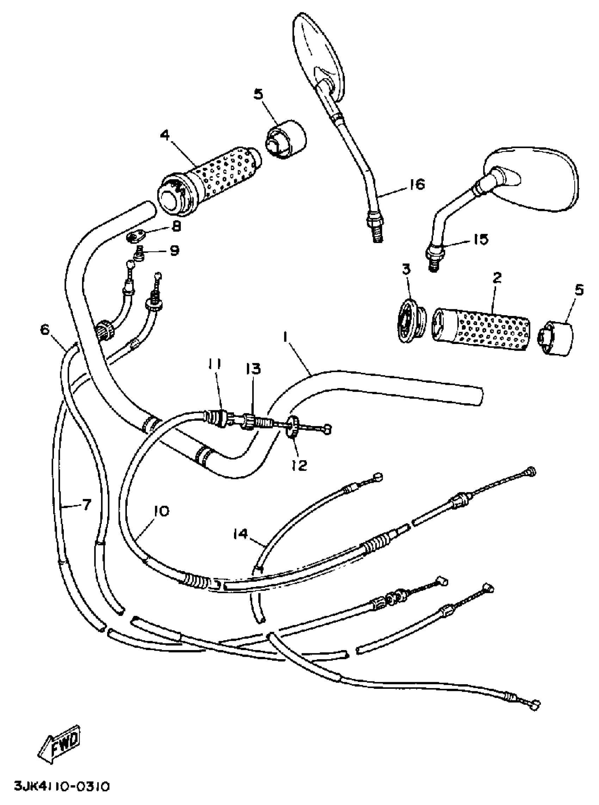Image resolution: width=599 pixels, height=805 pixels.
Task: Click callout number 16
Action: pyautogui.click(x=416, y=185)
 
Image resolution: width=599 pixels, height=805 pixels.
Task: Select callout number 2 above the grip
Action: pyautogui.click(x=497, y=278)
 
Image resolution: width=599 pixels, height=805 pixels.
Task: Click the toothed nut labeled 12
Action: pyautogui.click(x=292, y=427)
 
